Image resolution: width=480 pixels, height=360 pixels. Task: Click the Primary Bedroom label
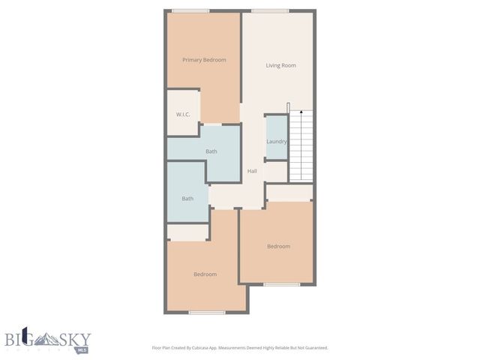(204, 60)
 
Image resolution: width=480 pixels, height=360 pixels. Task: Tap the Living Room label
(280, 65)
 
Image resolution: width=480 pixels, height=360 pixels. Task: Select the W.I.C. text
(183, 114)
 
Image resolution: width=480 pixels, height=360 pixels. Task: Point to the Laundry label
(277, 141)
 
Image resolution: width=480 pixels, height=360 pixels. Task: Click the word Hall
(252, 171)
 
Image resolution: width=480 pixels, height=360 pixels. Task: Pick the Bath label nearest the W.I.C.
(211, 151)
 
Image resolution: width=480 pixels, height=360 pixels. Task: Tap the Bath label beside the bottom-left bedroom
(187, 199)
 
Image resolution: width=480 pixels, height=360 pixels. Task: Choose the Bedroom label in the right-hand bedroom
(278, 246)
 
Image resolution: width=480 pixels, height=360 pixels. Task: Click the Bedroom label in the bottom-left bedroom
(205, 274)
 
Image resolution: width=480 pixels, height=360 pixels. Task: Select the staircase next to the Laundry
(301, 144)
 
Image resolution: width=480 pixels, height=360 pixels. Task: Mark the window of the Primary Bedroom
(190, 10)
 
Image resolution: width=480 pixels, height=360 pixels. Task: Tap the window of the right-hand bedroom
(282, 284)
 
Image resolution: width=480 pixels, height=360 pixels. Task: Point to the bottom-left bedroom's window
(207, 312)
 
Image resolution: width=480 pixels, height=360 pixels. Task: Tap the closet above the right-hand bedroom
(289, 193)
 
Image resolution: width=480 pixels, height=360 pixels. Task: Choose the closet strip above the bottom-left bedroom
(187, 232)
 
